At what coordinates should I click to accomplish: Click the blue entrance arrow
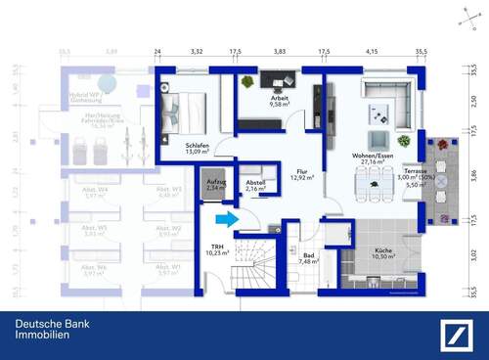click(x=225, y=220)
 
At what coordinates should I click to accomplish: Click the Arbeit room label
click(x=280, y=102)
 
